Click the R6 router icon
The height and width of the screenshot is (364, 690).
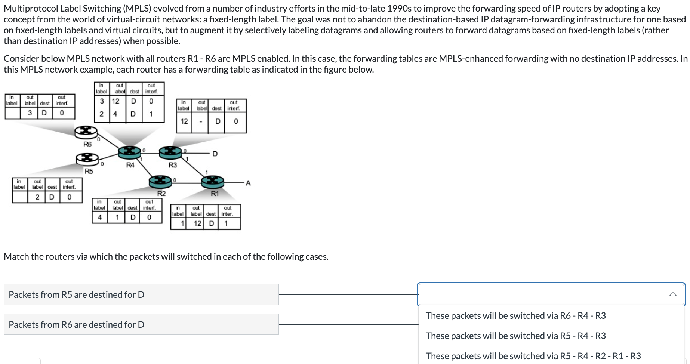tap(86, 132)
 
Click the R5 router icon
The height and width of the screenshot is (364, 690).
tap(87, 158)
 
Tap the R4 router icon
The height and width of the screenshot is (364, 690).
tap(129, 152)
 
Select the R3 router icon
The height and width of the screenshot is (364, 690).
tap(170, 152)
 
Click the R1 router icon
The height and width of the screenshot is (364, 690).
tap(213, 182)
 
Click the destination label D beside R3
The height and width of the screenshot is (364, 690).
tap(215, 154)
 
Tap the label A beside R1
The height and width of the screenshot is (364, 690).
tap(248, 183)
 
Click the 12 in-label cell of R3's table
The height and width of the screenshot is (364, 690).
tap(184, 121)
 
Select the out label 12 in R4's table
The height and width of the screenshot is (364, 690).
tap(116, 101)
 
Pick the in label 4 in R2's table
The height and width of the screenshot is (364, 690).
tap(100, 217)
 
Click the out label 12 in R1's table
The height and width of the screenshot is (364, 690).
tap(198, 223)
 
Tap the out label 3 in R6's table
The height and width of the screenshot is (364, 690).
tap(30, 113)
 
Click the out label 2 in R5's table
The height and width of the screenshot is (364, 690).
tap(37, 197)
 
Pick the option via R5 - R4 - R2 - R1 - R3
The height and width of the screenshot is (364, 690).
tap(533, 356)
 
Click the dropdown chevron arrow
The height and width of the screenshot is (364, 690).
tap(673, 294)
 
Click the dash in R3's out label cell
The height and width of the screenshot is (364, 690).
tap(201, 121)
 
